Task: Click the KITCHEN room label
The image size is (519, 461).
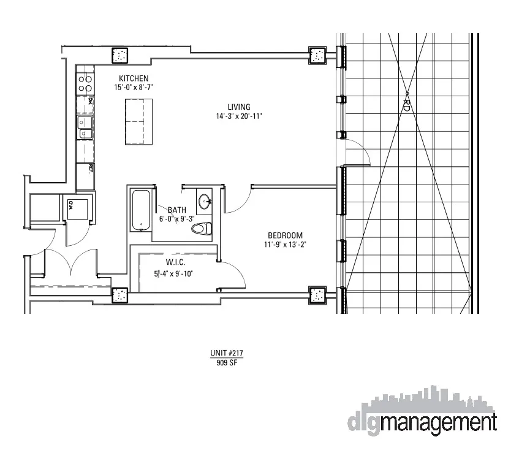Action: click(x=134, y=78)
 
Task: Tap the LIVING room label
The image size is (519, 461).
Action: click(x=238, y=107)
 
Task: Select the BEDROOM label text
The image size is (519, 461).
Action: click(x=285, y=235)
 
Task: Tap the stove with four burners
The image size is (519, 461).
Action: click(x=85, y=84)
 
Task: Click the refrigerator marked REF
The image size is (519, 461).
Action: click(x=85, y=176)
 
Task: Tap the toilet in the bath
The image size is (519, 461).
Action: click(x=202, y=229)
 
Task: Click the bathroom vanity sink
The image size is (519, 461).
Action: click(x=205, y=200)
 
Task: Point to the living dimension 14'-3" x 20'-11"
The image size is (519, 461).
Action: click(x=238, y=116)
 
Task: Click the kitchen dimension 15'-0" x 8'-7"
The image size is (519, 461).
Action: click(x=133, y=88)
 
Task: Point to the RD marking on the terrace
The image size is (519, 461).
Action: click(x=406, y=104)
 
